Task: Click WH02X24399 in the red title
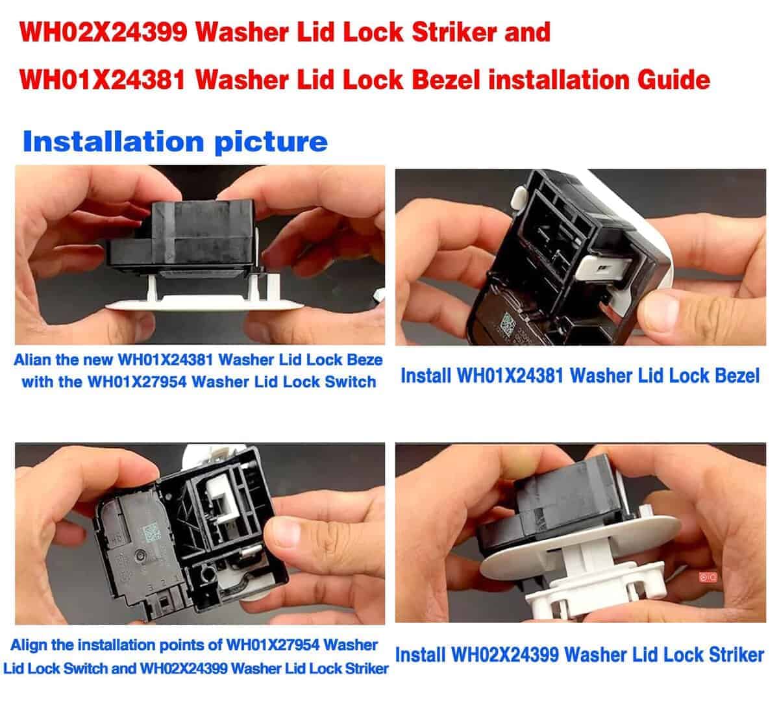point(103,32)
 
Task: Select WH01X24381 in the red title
point(103,80)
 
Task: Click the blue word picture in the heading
point(271,143)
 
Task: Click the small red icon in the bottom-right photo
point(708,577)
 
